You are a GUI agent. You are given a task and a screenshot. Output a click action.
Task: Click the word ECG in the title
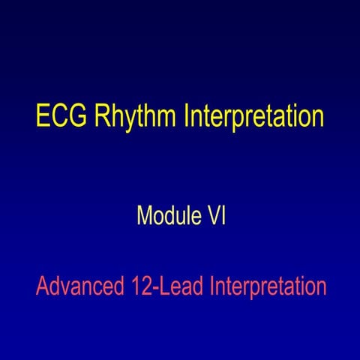point(58,118)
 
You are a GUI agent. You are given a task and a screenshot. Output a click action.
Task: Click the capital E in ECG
point(42,118)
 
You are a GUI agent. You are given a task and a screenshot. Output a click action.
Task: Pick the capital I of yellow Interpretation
point(185,118)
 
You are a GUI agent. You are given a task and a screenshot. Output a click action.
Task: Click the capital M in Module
point(145,216)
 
